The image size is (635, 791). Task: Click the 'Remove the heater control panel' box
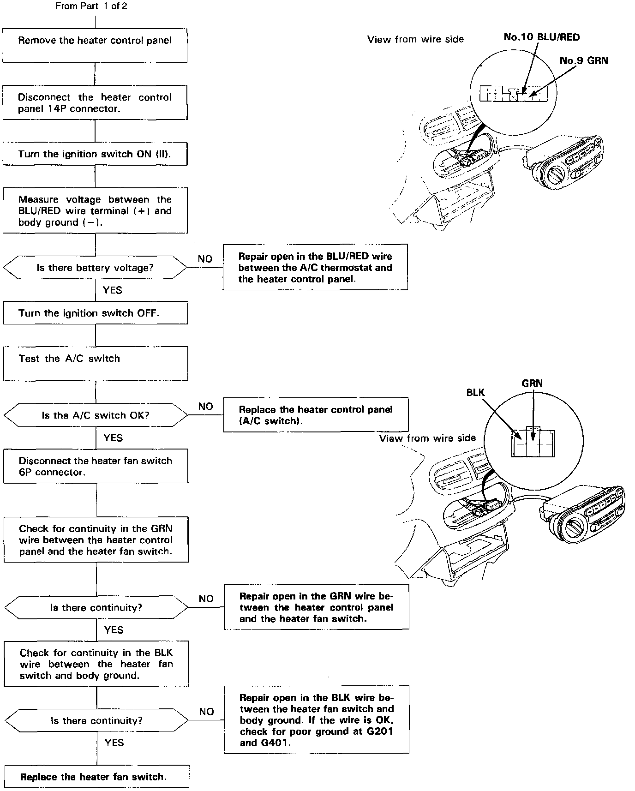(x=95, y=45)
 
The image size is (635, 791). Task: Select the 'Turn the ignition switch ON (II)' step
(x=95, y=154)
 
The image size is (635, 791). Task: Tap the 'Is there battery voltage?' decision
(x=95, y=268)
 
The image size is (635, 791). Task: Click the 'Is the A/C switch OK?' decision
(x=96, y=415)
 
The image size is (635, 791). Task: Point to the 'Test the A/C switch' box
(x=96, y=364)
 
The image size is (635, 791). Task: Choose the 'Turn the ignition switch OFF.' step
(x=95, y=313)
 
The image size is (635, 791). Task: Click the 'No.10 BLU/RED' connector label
(x=541, y=37)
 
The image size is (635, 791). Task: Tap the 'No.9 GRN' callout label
(x=583, y=60)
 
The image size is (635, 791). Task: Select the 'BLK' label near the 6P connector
(x=475, y=393)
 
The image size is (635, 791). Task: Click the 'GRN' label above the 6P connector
(x=532, y=383)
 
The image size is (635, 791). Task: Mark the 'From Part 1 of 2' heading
(x=91, y=6)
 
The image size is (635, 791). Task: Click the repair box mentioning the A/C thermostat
(x=315, y=268)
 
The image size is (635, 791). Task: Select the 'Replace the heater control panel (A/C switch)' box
(x=316, y=415)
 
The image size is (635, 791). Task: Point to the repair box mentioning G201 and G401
(x=317, y=720)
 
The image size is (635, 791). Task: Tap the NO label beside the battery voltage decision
(x=205, y=259)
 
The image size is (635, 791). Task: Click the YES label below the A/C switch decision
(x=113, y=437)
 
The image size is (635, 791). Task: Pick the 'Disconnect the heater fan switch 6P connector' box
(x=96, y=466)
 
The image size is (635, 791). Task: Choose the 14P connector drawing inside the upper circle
(x=515, y=94)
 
